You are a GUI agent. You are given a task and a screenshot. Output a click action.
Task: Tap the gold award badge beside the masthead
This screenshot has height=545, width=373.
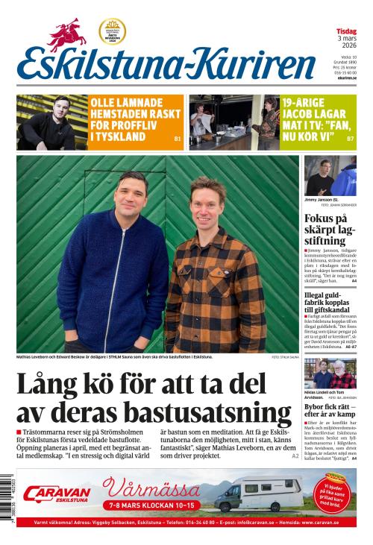113,31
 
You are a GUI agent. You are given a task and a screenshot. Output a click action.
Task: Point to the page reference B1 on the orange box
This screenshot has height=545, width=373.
177,139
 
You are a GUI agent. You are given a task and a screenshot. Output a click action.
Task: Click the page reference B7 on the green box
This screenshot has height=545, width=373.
350,139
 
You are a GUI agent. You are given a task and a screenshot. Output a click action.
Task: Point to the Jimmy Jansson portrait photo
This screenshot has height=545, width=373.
330,175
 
